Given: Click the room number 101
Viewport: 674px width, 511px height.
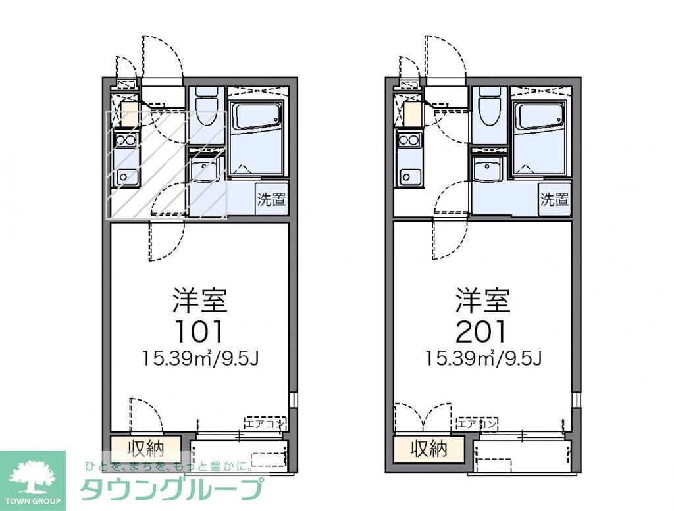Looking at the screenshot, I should click(199, 331).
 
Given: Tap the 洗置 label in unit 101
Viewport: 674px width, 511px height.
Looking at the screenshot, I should click(271, 200).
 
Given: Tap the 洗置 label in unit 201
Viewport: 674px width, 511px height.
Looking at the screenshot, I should click(554, 200).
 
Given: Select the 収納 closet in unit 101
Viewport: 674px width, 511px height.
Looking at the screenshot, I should click(145, 449).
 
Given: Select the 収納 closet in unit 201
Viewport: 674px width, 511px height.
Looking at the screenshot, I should click(429, 449).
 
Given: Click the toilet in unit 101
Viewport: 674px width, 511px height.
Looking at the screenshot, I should click(205, 108).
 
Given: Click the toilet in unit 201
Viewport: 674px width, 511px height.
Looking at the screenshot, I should click(489, 108).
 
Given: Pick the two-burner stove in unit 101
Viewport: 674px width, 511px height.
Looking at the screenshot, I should click(125, 139).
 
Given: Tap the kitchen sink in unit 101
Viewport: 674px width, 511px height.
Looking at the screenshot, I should click(125, 176).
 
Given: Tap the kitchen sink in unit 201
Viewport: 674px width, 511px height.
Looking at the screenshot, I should click(409, 176).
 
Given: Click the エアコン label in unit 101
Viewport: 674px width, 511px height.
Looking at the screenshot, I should click(265, 423).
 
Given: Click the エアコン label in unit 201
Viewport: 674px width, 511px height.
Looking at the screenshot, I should click(477, 423).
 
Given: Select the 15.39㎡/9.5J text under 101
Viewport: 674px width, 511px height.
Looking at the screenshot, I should click(199, 359).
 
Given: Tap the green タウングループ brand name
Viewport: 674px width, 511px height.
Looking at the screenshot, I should click(172, 490).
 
